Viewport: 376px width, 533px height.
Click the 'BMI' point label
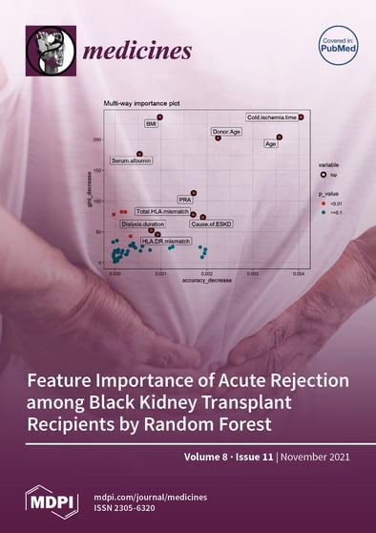tap(151, 123)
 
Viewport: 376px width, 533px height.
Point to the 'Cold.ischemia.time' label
tap(272, 117)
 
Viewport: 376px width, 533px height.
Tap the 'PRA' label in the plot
tap(185, 200)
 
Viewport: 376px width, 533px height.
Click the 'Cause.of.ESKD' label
tap(209, 224)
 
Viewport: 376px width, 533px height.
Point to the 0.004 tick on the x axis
tap(299, 274)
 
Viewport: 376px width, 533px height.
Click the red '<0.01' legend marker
tap(324, 203)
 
